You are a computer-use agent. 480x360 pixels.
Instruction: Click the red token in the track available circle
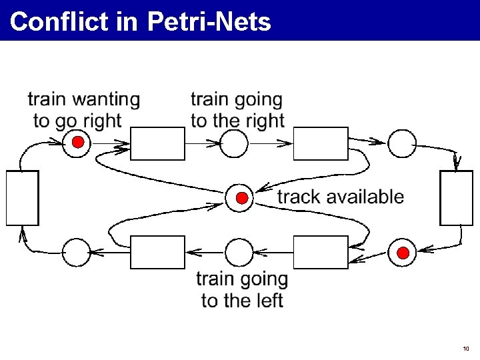coord(242,198)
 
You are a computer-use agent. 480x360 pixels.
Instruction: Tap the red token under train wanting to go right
coord(78,143)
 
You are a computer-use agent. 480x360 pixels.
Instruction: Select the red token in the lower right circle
coord(403,252)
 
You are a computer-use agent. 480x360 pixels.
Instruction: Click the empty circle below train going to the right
coord(233,143)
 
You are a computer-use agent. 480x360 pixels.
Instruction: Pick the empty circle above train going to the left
coord(239,252)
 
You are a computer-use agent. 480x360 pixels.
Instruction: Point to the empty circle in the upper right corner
coord(402,143)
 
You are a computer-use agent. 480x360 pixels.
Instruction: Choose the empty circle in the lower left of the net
coord(76,252)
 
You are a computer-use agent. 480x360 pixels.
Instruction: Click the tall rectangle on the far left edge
coord(22,197)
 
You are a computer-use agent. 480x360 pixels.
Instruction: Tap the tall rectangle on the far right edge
coord(457,198)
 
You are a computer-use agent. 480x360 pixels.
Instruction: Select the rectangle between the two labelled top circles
coord(157,143)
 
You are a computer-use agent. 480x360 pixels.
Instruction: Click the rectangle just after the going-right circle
coord(321,143)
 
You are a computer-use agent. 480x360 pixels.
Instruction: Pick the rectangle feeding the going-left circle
coord(321,252)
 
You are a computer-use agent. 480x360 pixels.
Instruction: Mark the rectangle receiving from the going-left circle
coord(157,252)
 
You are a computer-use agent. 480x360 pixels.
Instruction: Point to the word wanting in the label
coord(106,100)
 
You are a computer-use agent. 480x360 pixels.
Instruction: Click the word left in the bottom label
coord(270,301)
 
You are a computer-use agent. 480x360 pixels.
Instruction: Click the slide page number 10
coord(465,349)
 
